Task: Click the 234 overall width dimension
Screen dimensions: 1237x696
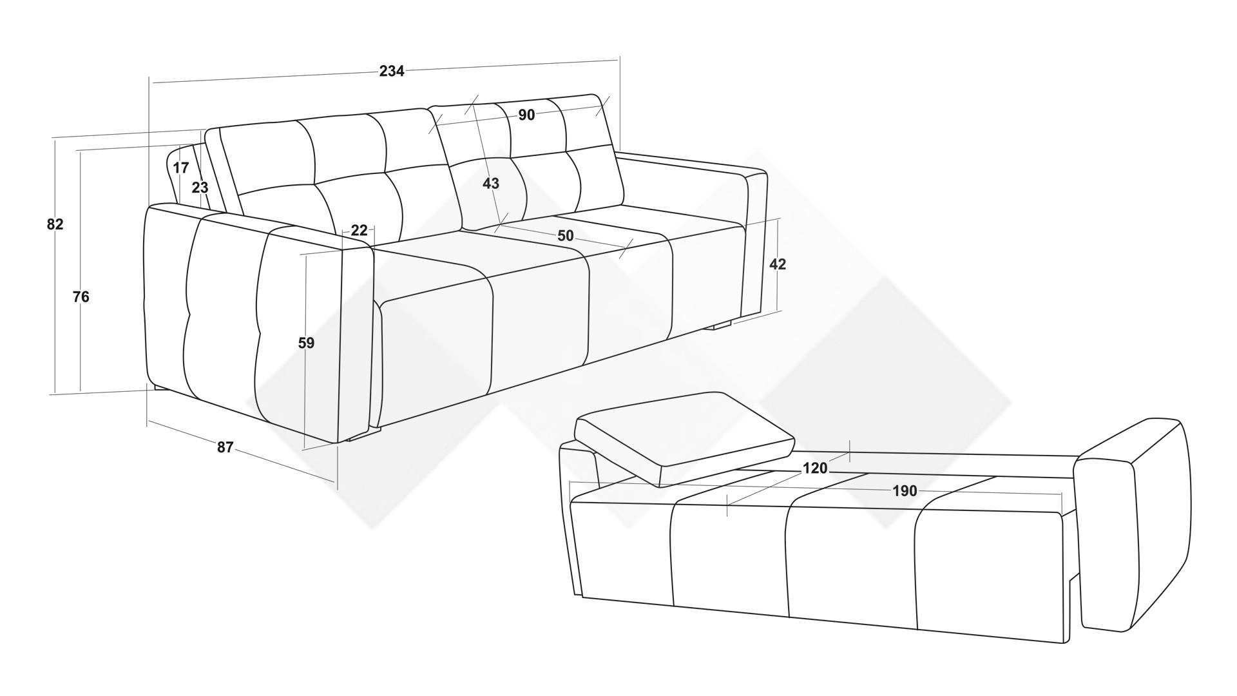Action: click(392, 71)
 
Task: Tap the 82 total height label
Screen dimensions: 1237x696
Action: click(55, 224)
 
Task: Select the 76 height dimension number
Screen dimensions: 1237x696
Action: click(81, 297)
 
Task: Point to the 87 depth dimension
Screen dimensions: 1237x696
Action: click(225, 447)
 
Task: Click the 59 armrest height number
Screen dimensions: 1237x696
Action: click(307, 343)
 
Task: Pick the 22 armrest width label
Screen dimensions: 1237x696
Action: click(360, 230)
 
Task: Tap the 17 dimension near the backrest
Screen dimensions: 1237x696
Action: click(181, 168)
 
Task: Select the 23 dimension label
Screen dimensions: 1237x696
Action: click(200, 188)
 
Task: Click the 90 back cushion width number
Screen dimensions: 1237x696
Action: click(526, 115)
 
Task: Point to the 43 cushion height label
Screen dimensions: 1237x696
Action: click(491, 184)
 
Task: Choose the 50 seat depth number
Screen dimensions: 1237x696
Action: click(565, 236)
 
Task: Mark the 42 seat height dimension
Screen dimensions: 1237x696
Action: click(778, 264)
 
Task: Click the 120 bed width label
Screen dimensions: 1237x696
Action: click(815, 469)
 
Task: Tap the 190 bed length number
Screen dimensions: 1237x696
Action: click(905, 491)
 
